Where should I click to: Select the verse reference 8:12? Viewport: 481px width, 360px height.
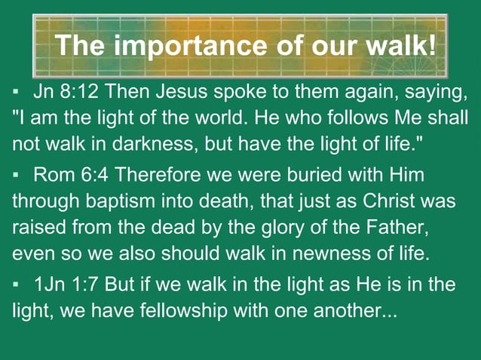click(81, 93)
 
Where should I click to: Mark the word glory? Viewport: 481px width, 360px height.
click(296, 226)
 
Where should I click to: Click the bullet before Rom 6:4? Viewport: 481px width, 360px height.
click(15, 176)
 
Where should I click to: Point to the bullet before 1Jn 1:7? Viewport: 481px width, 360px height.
click(15, 285)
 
